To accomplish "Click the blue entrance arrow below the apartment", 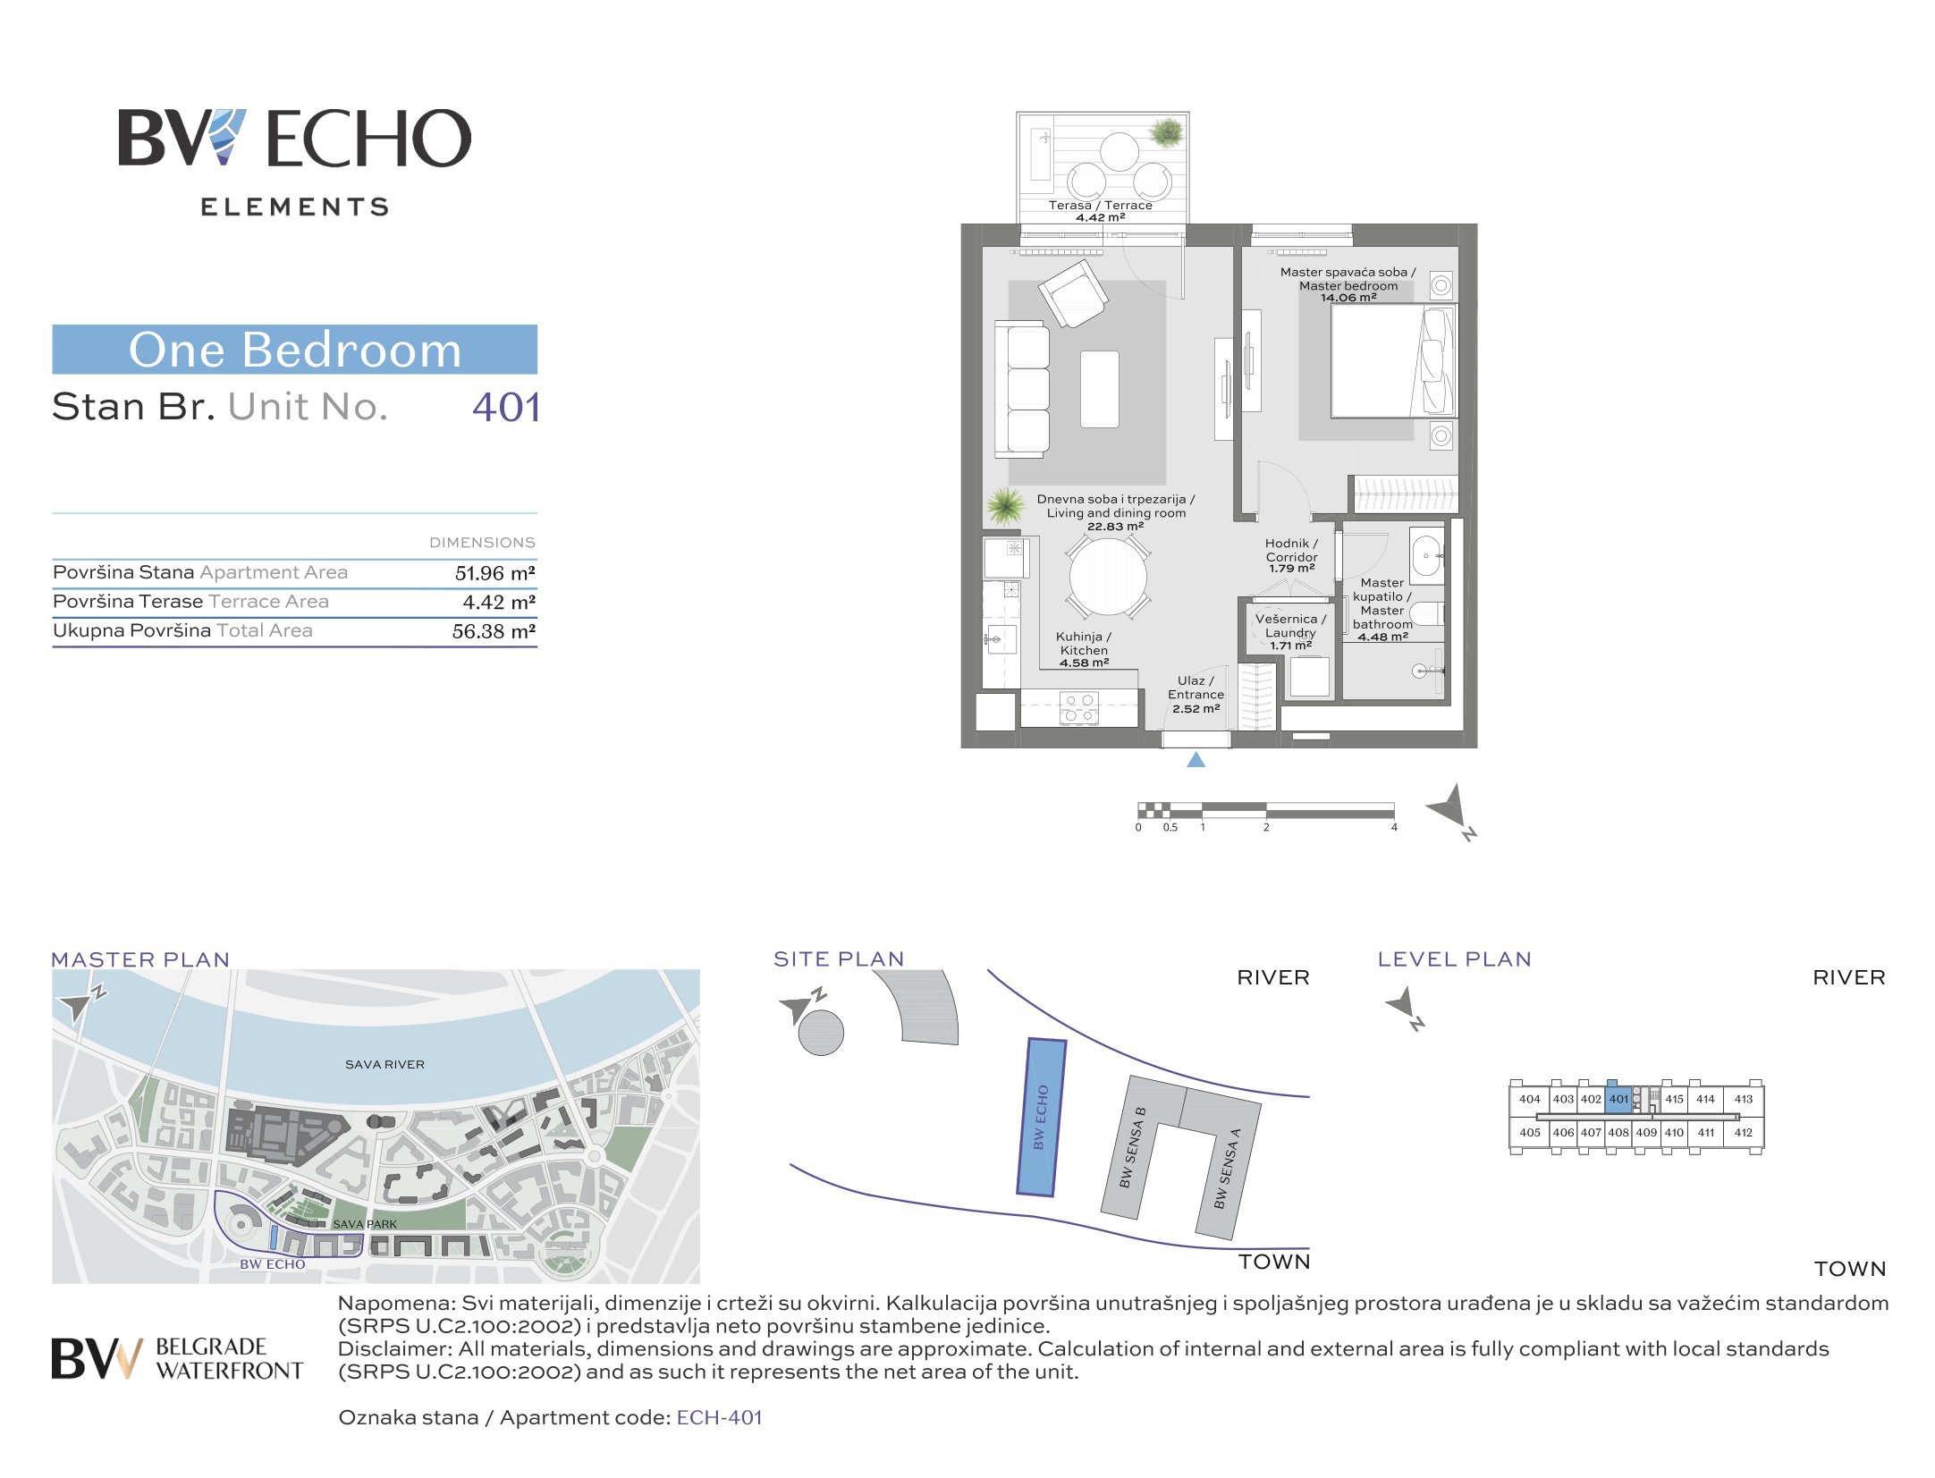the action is [1196, 759].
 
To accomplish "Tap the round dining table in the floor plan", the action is [1108, 577].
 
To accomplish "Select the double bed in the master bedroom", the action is [1393, 360].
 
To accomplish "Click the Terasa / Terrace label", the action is [1100, 205].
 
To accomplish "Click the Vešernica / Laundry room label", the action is [1290, 625].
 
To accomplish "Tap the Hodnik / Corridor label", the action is [1291, 550].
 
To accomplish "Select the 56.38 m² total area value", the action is [494, 631].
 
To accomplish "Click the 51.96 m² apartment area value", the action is [494, 573].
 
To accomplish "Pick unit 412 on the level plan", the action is [1743, 1132].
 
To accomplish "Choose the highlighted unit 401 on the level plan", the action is [1618, 1099].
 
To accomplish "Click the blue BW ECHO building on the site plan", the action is [1042, 1117].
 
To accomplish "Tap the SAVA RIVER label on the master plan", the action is [384, 1064].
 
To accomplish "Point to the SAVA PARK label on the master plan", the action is [365, 1224].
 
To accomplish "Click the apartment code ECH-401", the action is [719, 1417].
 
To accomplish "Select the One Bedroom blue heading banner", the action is [294, 349].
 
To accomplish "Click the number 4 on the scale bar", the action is [1394, 828].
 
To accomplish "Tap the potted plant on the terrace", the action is [1166, 132].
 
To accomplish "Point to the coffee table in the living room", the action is [1099, 389].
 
